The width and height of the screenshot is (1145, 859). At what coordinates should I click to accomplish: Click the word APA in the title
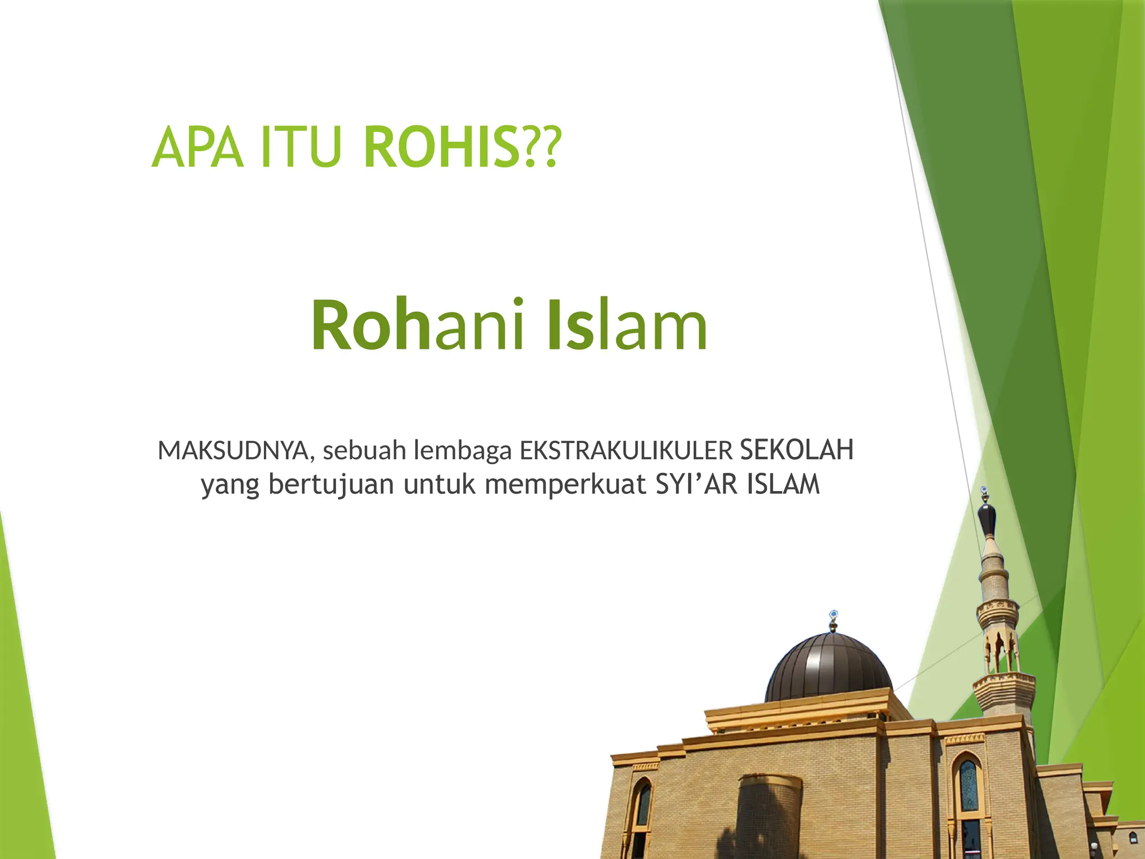pyautogui.click(x=197, y=148)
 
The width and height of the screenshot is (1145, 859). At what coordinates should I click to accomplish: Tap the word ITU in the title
pyautogui.click(x=300, y=148)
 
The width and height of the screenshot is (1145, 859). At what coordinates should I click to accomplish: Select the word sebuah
pyautogui.click(x=364, y=451)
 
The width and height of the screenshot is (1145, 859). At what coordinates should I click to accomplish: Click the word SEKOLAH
pyautogui.click(x=797, y=450)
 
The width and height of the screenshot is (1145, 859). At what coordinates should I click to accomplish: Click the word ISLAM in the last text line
pyautogui.click(x=783, y=484)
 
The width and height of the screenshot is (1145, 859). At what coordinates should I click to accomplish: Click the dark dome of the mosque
pyautogui.click(x=828, y=668)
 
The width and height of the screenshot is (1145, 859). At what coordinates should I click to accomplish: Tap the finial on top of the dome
pyautogui.click(x=833, y=620)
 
